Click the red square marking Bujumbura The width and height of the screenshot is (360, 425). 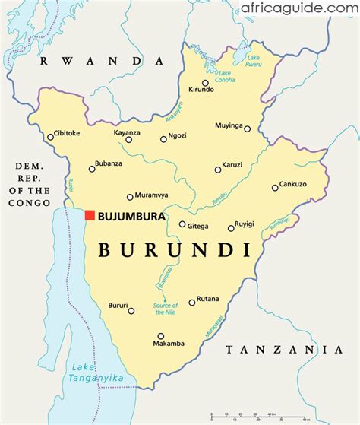point(90,216)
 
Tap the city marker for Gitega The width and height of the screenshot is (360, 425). point(182,224)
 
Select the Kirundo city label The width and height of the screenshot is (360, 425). point(201,90)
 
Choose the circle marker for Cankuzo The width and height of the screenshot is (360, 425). point(275,188)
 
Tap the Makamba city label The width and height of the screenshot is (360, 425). point(169,344)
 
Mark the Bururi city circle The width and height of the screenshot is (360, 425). point(131,310)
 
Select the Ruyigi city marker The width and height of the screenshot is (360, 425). point(231,228)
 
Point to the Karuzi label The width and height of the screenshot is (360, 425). point(232,164)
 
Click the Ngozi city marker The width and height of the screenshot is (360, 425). point(163,139)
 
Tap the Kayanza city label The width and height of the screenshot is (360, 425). point(128,132)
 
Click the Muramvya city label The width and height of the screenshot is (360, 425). point(152,195)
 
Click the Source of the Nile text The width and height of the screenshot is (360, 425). point(166,308)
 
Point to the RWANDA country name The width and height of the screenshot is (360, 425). point(103,61)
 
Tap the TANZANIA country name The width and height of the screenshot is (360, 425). point(284,350)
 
